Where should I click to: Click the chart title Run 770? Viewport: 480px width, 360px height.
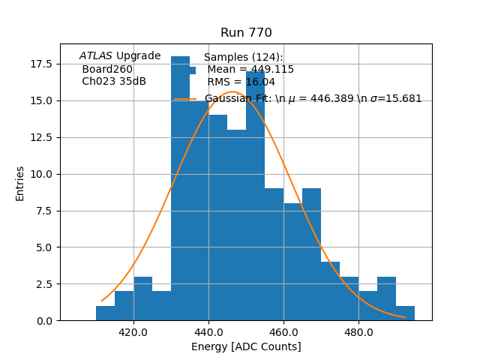[246, 33]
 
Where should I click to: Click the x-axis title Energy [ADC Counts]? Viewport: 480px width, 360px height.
[246, 346]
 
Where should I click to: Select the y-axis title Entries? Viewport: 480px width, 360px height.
[20, 183]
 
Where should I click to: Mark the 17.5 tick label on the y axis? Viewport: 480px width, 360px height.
[40, 64]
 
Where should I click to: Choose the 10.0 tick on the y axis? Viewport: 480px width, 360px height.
[40, 174]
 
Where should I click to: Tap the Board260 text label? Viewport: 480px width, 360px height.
[107, 69]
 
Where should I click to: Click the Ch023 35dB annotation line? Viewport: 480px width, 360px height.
[114, 82]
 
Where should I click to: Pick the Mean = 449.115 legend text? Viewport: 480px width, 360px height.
[250, 70]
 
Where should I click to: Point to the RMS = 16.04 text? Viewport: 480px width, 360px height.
[241, 82]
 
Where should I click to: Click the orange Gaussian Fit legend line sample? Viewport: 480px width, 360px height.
[185, 99]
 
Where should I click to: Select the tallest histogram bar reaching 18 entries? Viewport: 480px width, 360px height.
[180, 187]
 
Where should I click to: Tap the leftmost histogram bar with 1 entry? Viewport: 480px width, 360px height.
[106, 313]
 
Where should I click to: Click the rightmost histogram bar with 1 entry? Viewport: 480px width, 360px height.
[405, 313]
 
